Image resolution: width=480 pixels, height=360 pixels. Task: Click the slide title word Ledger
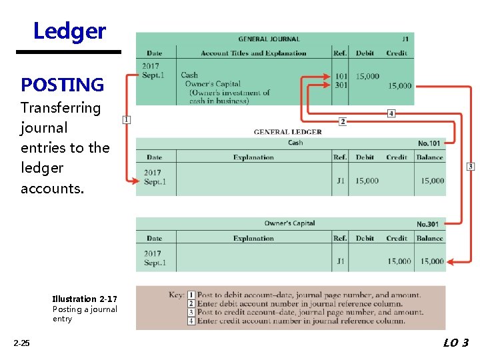point(69,31)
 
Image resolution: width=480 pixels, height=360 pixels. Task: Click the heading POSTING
point(63,85)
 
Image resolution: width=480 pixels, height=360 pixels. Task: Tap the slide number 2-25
point(21,343)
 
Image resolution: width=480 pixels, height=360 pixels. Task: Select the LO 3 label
point(455,343)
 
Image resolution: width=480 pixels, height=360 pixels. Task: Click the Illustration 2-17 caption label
point(85,299)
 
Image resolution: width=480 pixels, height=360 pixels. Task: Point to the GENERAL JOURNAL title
point(269,39)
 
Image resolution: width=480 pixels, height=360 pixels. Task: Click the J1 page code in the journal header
point(406,39)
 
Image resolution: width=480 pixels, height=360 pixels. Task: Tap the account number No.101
point(429,143)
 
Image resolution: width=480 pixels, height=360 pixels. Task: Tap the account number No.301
point(428,224)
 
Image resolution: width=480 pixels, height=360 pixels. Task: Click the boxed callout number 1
point(127,119)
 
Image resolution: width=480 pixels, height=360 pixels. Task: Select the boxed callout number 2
point(343,122)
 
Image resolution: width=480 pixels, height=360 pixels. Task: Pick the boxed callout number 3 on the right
point(471,166)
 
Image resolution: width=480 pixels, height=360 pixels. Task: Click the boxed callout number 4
point(391,114)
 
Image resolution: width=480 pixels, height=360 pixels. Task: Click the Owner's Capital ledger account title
point(289,223)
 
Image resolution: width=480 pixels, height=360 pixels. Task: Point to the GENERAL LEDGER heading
point(287,132)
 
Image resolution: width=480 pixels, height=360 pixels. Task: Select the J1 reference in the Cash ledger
point(340,181)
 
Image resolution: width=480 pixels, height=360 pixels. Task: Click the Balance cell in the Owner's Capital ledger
point(429,261)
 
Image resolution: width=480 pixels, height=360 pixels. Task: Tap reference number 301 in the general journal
point(341,85)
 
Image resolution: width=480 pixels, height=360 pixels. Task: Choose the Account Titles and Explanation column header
point(253,53)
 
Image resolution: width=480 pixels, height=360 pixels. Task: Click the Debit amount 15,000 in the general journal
point(367,76)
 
